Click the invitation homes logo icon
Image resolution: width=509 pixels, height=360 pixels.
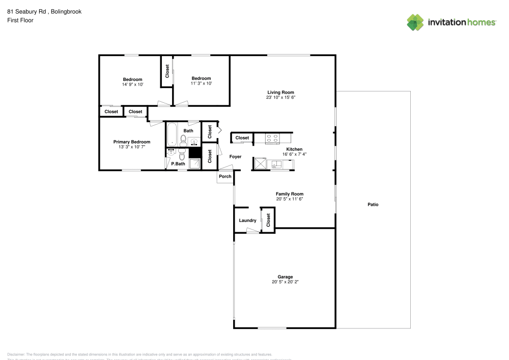point(415,22)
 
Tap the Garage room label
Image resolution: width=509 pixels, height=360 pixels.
point(285,277)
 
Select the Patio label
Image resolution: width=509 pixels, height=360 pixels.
point(373,205)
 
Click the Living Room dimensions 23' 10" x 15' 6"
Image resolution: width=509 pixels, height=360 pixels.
point(281,97)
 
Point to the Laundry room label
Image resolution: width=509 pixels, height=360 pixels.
point(247,220)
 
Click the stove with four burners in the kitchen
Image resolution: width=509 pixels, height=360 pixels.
point(272,137)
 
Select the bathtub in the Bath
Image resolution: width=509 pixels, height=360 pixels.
point(172,133)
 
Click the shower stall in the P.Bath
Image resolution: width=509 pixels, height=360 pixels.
point(194,163)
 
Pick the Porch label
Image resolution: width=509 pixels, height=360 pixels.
point(224,177)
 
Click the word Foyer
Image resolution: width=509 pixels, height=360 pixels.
point(235,157)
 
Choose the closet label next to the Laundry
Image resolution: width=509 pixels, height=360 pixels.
point(268,220)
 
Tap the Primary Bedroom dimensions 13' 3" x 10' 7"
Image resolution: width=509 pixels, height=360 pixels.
point(132,147)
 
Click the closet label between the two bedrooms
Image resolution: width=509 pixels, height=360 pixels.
point(167,71)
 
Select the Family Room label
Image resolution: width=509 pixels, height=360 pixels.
point(290,194)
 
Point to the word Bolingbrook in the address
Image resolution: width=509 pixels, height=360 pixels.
point(67,11)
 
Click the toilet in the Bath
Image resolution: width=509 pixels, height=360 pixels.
point(183,139)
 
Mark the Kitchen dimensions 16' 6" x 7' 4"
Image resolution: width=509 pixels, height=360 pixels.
point(294,154)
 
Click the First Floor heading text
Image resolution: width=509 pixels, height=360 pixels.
point(20,20)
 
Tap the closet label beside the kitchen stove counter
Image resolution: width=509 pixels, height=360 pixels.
point(242,138)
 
